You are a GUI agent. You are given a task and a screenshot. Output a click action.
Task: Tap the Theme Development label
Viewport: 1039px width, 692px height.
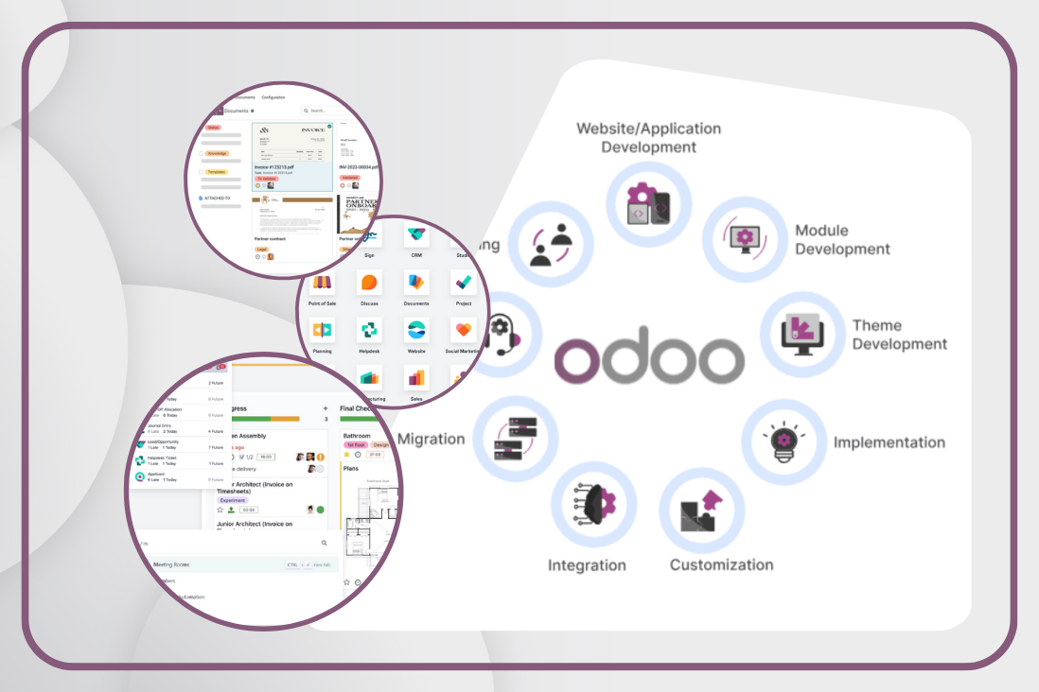pyautogui.click(x=899, y=335)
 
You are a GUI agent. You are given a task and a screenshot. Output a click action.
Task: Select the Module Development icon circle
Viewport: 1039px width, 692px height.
pyautogui.click(x=745, y=238)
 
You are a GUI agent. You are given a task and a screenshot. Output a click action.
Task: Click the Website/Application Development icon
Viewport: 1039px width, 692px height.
pyautogui.click(x=649, y=205)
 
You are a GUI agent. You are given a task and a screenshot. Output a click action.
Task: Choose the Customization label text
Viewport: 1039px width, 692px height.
pyautogui.click(x=721, y=564)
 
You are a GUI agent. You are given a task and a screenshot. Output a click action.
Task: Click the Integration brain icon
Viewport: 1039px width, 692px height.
pyautogui.click(x=594, y=504)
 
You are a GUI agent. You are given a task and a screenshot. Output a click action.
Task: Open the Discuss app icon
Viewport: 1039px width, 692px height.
pyautogui.click(x=369, y=283)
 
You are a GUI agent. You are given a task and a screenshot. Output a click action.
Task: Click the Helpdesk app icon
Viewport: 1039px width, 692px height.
pyautogui.click(x=369, y=330)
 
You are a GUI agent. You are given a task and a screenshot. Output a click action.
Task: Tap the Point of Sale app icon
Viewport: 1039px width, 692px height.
pyautogui.click(x=323, y=283)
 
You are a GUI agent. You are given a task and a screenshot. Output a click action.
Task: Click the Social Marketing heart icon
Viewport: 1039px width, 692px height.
pyautogui.click(x=463, y=330)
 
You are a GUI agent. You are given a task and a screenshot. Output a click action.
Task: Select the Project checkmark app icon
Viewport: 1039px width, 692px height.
pyautogui.click(x=463, y=283)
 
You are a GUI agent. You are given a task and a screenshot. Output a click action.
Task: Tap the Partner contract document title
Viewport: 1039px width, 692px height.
pyautogui.click(x=274, y=239)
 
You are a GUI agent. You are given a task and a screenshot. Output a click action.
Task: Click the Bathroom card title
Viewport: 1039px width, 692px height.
pyautogui.click(x=358, y=436)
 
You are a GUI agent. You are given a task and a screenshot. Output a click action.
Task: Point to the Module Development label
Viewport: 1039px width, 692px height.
pyautogui.click(x=842, y=239)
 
